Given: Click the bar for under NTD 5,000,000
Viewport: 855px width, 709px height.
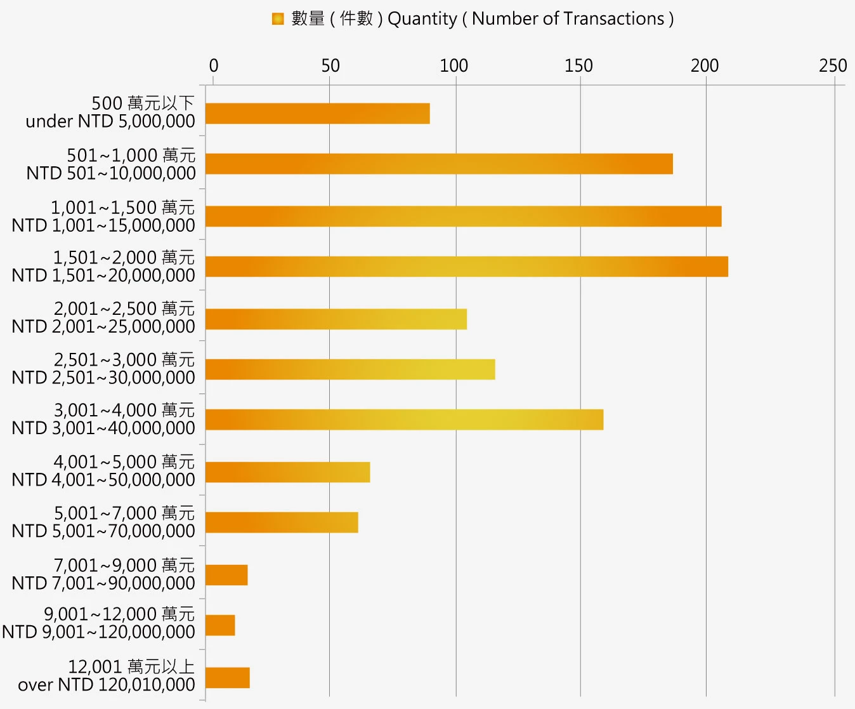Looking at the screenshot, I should pyautogui.click(x=317, y=114).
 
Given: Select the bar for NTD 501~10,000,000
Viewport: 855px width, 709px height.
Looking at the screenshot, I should pyautogui.click(x=439, y=164).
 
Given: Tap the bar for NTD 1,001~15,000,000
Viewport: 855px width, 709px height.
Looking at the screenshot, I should pyautogui.click(x=463, y=216).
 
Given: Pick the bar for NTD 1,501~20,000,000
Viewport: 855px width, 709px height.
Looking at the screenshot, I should pyautogui.click(x=466, y=267).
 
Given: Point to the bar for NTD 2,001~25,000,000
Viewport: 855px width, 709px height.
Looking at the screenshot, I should pyautogui.click(x=336, y=319).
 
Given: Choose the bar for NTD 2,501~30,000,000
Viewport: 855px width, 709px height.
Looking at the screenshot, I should pyautogui.click(x=349, y=369).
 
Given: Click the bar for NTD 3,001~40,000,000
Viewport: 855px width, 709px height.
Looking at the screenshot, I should pyautogui.click(x=404, y=420).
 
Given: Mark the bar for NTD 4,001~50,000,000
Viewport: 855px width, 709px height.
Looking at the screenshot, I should pyautogui.click(x=287, y=472).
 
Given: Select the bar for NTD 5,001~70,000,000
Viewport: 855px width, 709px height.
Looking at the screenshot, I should pyautogui.click(x=282, y=522).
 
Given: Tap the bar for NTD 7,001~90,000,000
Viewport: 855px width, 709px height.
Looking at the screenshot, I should pyautogui.click(x=226, y=575).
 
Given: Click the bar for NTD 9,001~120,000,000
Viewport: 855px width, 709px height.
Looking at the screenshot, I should pyautogui.click(x=220, y=625).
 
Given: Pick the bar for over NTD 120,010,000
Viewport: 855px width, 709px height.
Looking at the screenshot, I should pyautogui.click(x=227, y=678).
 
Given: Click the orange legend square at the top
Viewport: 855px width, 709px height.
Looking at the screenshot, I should pyautogui.click(x=278, y=19).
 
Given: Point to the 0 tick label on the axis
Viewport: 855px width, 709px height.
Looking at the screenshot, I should pyautogui.click(x=214, y=65).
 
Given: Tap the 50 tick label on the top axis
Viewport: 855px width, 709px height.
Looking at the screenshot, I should pyautogui.click(x=330, y=65).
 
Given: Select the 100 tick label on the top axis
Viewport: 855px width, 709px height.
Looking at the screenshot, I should pyautogui.click(x=454, y=65).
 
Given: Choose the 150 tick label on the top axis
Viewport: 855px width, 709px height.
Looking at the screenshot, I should pyautogui.click(x=578, y=65).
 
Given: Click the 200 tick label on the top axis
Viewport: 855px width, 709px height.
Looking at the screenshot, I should pyautogui.click(x=705, y=65).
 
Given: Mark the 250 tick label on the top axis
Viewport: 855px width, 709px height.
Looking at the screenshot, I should pyautogui.click(x=832, y=65).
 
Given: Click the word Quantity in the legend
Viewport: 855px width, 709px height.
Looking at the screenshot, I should pyautogui.click(x=422, y=19).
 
